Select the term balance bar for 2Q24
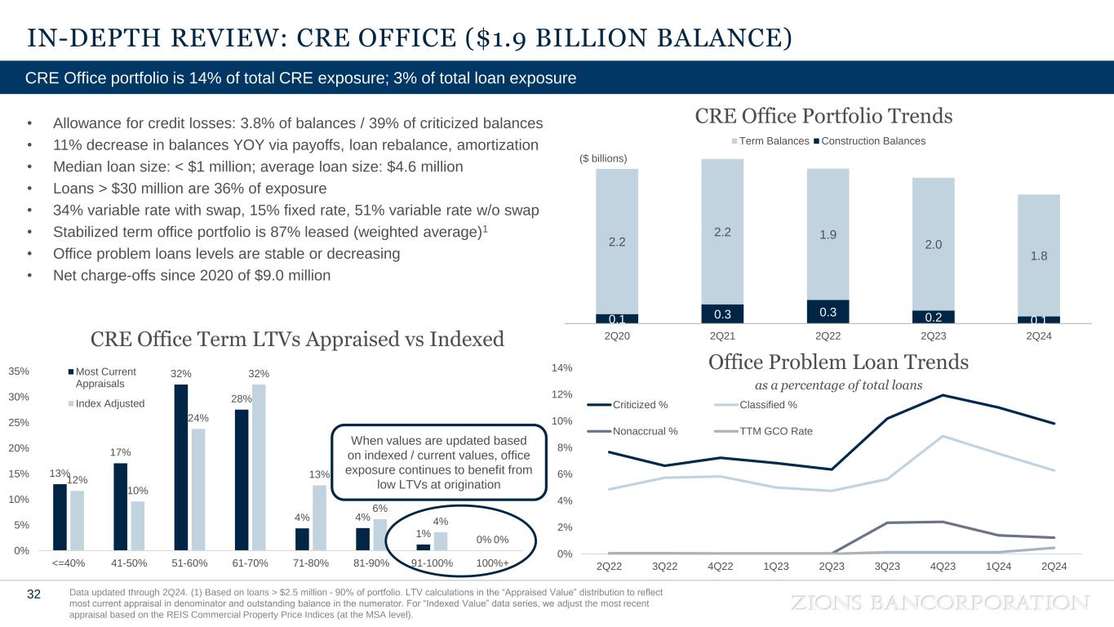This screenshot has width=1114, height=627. pos(1038,255)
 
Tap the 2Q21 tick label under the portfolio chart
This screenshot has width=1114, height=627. pos(722,336)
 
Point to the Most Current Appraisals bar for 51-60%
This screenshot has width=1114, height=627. pos(181,467)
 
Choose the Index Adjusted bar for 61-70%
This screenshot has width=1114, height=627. pos(260,467)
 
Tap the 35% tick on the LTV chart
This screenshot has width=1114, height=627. pos(20,371)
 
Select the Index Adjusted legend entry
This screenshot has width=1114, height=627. pos(109,403)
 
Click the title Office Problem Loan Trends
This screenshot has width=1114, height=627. pos(838,362)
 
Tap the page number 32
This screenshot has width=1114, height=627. pos(33,594)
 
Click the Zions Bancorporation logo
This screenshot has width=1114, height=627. pos(940,603)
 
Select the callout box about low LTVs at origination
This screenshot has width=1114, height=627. pos(439,463)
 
